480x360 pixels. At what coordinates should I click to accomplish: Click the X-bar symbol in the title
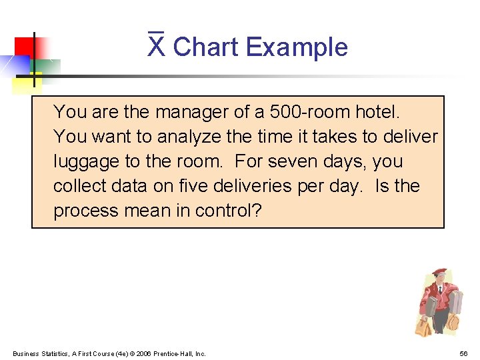(x=156, y=46)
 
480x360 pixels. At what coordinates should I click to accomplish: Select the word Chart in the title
(x=206, y=47)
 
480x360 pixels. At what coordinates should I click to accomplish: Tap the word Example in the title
(x=297, y=48)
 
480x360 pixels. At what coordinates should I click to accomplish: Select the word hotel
(x=379, y=111)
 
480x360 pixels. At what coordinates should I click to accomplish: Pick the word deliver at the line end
(x=411, y=136)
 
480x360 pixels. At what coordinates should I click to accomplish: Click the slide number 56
(x=463, y=353)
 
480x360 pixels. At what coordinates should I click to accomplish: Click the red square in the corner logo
(x=25, y=48)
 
